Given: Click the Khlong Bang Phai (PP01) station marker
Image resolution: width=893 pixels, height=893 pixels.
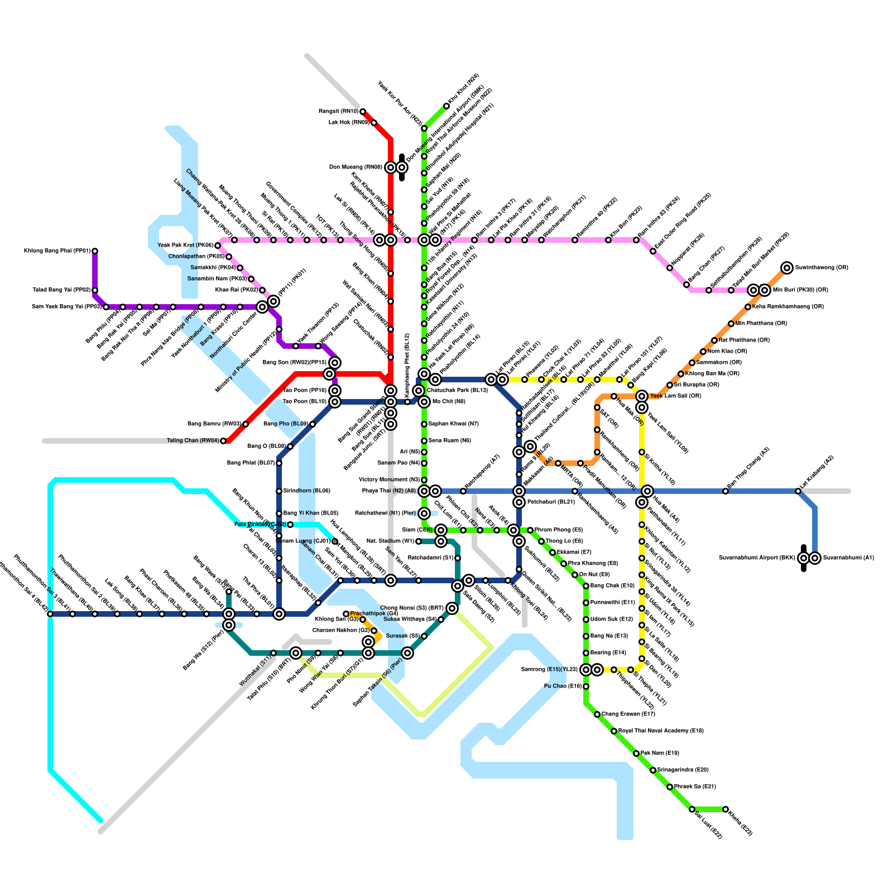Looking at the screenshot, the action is click(95, 251).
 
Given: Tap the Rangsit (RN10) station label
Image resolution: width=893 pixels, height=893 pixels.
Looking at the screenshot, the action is click(339, 112).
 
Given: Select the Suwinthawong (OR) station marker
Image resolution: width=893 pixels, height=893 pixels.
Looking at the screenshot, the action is click(787, 268).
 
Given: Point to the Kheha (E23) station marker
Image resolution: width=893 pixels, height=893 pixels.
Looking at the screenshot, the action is click(726, 809).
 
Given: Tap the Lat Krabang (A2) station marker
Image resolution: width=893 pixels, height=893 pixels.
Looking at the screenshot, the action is click(798, 491).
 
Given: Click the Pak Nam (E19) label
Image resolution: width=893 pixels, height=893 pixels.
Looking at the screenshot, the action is click(660, 753).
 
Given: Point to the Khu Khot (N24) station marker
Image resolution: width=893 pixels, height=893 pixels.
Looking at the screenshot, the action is click(446, 106).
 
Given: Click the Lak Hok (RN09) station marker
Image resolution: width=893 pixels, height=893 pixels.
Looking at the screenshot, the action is click(374, 123).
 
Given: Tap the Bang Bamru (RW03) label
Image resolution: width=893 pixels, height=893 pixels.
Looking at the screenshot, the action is click(214, 424).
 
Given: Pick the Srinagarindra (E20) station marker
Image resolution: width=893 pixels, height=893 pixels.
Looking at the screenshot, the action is click(653, 770).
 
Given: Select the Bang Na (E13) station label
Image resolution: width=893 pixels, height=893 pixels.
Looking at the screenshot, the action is click(609, 636).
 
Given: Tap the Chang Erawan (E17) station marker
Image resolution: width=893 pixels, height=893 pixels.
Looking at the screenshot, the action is click(597, 714).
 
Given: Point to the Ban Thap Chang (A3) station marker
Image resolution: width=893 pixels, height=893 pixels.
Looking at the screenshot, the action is click(726, 491).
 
